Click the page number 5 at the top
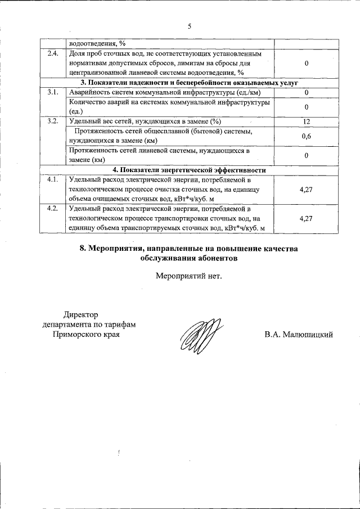190,26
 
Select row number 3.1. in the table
52,92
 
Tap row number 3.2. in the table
52,121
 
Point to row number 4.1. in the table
52,180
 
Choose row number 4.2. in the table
52,209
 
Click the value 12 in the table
307,121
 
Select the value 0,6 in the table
307,136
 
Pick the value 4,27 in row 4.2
307,218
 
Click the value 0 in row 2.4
307,63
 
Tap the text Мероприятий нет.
189,276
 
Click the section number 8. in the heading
84,249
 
